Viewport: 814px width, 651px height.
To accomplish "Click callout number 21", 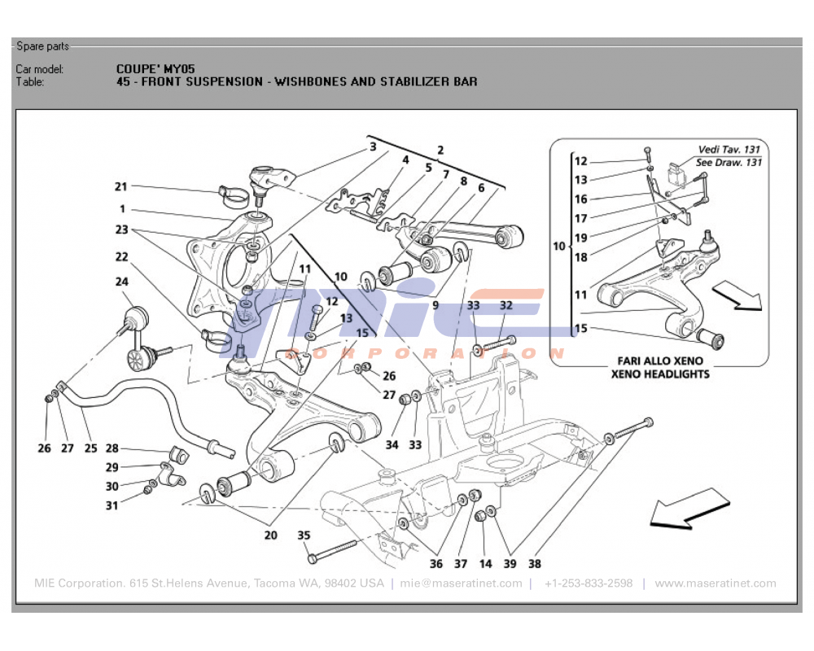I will (x=121, y=186).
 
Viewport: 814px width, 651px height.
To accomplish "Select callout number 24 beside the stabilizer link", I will (x=121, y=282).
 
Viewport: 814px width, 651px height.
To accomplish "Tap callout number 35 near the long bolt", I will (x=304, y=535).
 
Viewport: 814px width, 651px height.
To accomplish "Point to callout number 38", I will (x=534, y=563).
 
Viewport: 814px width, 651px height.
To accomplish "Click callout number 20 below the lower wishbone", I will (x=270, y=535).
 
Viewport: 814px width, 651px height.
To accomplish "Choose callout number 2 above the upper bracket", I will (x=440, y=150).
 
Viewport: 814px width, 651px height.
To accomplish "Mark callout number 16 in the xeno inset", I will (x=580, y=199).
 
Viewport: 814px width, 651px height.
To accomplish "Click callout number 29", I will (x=112, y=467).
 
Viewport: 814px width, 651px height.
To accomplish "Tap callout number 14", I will (x=485, y=563).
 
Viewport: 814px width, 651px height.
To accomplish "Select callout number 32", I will (x=506, y=305).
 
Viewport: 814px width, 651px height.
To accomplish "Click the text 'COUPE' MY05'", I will (x=155, y=69).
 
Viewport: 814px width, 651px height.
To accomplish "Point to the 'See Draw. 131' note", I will (x=730, y=162).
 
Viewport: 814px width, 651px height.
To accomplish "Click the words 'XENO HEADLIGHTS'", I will (x=660, y=374).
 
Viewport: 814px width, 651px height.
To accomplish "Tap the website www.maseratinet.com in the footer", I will (x=715, y=583).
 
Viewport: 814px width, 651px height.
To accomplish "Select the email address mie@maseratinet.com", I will (x=461, y=583).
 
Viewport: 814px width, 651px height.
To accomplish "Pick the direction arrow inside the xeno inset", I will (x=737, y=296).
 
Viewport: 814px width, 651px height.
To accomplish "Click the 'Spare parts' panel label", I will (x=42, y=46).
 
